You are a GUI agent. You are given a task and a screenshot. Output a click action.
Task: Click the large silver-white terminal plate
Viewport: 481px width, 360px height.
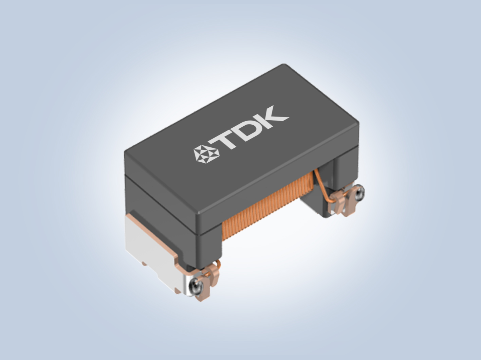[153, 252]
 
